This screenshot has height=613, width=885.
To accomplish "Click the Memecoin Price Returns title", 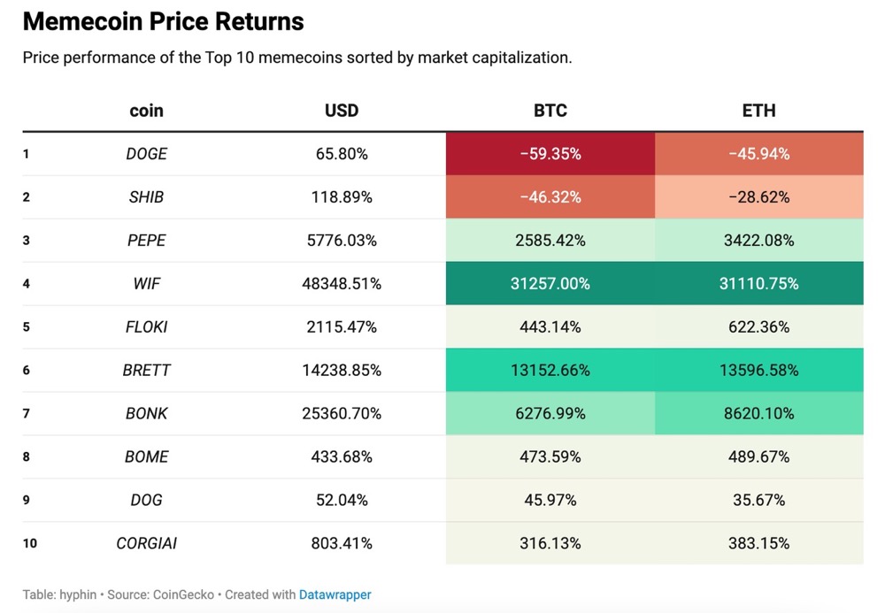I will point(163,21).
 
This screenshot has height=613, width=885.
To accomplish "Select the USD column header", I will point(342,111).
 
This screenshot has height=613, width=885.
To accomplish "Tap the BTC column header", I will point(550,111).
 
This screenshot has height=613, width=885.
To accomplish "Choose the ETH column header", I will point(758,111).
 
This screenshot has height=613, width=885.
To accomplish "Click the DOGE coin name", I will point(147,154).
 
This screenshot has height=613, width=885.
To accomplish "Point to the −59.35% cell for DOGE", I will point(550,154).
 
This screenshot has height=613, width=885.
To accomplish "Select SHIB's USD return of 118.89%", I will point(342,197).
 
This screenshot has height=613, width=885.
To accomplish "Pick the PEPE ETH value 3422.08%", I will point(758,241).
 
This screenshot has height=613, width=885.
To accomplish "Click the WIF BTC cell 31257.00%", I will point(550,284).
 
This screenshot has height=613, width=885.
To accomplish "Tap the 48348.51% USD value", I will point(342,284).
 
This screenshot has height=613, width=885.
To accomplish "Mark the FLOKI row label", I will point(147,327).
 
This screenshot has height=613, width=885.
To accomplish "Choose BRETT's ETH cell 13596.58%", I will point(758,371).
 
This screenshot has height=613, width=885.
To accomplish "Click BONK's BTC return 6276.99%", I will point(550,414).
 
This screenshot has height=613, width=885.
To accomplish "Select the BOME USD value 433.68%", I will point(342,457).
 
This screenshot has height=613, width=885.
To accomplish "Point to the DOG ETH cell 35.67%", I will point(758,501).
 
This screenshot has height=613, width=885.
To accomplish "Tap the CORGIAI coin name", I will point(147,544).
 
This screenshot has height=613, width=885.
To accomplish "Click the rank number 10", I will point(30,544).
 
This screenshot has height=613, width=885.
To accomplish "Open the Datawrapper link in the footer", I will point(335,595).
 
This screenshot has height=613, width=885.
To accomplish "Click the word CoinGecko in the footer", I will point(183,595).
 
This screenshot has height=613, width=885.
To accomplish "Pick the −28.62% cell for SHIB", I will point(758,197).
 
